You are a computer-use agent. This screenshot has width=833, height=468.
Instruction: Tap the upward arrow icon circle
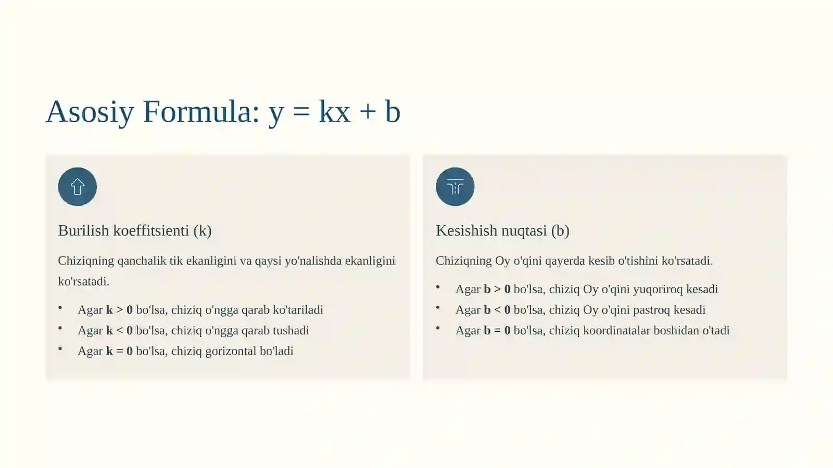point(78,187)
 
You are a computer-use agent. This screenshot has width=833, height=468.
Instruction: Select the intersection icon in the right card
point(455,187)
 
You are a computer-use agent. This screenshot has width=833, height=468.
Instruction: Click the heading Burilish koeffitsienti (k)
point(135,230)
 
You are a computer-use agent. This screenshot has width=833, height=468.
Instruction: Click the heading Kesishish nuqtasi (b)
point(502,230)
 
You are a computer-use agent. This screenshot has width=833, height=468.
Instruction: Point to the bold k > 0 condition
point(119,310)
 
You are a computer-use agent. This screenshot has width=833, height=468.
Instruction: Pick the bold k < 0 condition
point(119,331)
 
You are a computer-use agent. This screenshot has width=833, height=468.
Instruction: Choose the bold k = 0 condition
point(119,352)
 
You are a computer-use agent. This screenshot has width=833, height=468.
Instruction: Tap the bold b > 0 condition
point(497,289)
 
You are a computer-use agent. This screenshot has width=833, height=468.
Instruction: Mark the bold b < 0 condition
point(497,310)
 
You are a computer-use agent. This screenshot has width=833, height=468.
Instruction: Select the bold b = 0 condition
point(497,331)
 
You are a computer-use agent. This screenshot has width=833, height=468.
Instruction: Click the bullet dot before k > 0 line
point(60,308)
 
